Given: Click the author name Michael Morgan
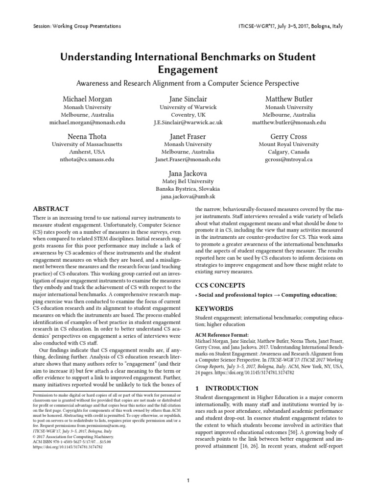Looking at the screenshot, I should pos(87,99).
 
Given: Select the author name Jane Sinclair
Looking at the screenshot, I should pos(188,99).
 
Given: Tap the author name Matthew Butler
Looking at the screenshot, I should pos(288,99).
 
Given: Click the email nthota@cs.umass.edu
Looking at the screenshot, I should pos(87,159).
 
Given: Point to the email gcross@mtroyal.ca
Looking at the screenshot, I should pos(288,159).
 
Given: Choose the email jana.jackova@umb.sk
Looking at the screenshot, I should pos(188,197).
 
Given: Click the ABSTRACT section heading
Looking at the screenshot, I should pos(50,208).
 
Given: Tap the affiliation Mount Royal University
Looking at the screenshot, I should pos(288,145).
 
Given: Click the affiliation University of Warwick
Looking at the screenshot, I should pos(188,107).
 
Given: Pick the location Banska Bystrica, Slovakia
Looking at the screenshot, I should pos(188,189).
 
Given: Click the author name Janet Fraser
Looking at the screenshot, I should pos(188,136).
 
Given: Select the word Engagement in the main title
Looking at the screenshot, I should pos(188,71).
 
